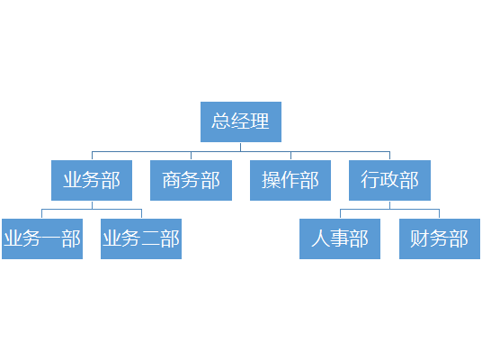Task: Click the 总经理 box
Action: (x=241, y=121)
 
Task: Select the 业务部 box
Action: (x=92, y=180)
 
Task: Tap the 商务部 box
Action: (x=191, y=180)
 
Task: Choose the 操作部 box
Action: (x=290, y=180)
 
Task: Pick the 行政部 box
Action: (x=389, y=180)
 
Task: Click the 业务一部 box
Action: (x=42, y=238)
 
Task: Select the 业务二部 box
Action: (x=141, y=238)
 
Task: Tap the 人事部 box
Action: (x=340, y=238)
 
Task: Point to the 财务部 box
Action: (x=440, y=238)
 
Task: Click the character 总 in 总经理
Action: (x=220, y=121)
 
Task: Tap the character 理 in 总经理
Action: (x=260, y=121)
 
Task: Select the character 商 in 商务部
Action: (x=171, y=180)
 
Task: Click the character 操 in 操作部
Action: (x=272, y=180)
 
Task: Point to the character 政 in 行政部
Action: (x=389, y=180)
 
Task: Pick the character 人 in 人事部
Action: (x=321, y=238)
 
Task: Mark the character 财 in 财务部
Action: (x=420, y=238)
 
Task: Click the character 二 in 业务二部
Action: (x=151, y=238)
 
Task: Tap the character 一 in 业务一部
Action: (x=51, y=238)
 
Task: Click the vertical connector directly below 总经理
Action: (x=241, y=147)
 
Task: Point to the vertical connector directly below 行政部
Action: (x=389, y=205)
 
